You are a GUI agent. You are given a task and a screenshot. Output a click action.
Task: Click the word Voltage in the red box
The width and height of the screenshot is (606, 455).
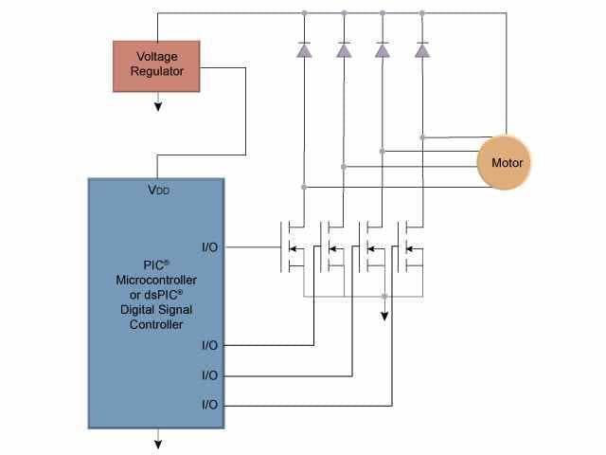click(x=156, y=56)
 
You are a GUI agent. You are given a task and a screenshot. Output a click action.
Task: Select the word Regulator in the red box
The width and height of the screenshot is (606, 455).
click(x=156, y=71)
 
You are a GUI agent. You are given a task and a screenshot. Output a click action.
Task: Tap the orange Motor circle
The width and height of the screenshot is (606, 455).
click(x=507, y=162)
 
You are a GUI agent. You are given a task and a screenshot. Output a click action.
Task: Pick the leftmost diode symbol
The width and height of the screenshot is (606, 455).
click(x=304, y=51)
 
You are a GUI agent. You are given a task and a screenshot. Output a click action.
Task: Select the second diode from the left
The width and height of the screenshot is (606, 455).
click(x=344, y=51)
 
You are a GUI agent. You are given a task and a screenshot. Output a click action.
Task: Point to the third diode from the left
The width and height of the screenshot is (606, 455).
click(x=383, y=51)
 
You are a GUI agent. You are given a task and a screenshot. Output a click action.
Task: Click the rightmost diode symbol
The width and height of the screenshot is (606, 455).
click(x=422, y=51)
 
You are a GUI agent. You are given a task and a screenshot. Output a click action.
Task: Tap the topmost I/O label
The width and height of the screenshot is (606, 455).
click(x=209, y=247)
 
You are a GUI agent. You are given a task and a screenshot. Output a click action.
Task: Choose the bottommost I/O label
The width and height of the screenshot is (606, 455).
click(x=209, y=405)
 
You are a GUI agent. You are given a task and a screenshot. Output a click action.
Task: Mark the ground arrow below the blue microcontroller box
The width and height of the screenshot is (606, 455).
click(x=158, y=441)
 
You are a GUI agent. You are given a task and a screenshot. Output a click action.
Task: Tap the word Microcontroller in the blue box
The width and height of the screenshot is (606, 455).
click(x=157, y=280)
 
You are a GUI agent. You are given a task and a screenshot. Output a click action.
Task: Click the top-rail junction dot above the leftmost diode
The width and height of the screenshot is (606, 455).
click(x=304, y=13)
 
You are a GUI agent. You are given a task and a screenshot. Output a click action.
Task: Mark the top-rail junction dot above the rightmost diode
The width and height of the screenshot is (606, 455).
click(x=422, y=13)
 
